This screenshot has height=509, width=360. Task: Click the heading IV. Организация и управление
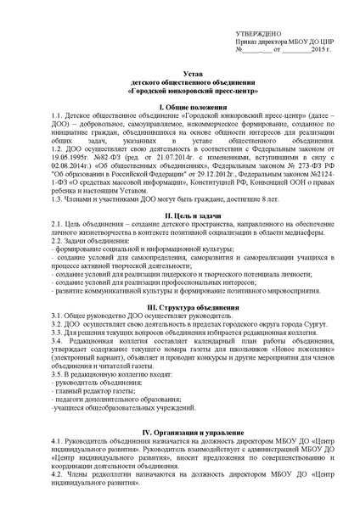pyautogui.click(x=179, y=433)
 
